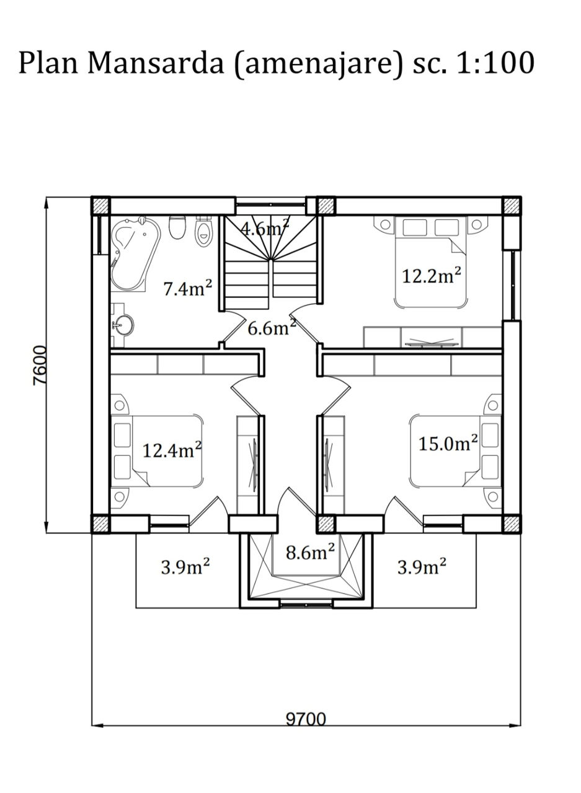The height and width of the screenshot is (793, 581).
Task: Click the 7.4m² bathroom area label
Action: point(187,287)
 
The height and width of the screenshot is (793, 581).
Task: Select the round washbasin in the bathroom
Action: point(123,325)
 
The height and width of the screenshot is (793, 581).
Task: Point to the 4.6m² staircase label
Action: point(265,228)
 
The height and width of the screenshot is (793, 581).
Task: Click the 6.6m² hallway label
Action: point(272,328)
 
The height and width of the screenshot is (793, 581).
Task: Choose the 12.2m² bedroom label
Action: point(432,275)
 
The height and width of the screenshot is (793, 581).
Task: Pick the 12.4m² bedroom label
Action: point(172,450)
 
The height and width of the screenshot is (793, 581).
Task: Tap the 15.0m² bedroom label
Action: point(448,443)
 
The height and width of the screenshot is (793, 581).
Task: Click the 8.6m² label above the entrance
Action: point(310,552)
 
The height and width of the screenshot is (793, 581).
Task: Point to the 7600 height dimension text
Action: point(39,366)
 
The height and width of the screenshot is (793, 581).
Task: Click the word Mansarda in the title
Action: point(156,63)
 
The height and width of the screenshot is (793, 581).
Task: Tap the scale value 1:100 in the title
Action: point(495,63)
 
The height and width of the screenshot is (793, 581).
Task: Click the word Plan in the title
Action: point(48,63)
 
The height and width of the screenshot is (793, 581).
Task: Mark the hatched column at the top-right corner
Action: point(511,205)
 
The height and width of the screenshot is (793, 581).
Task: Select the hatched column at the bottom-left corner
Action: point(100,524)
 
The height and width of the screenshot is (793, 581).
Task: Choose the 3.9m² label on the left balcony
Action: point(185,566)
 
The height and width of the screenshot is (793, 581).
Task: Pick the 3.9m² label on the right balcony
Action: point(422,566)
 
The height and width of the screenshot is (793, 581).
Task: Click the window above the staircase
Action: point(271,204)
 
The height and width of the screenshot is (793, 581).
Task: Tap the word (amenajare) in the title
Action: point(319,64)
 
